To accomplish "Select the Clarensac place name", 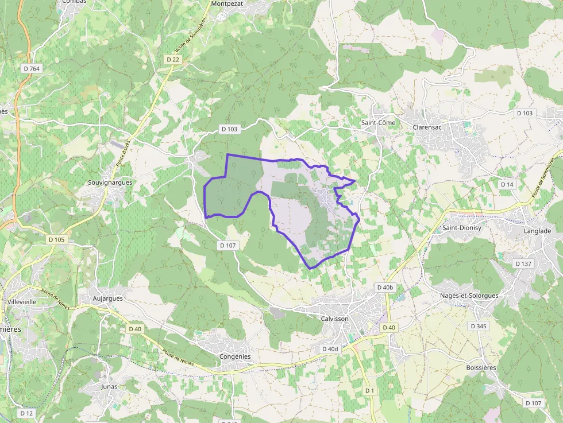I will click(427, 127).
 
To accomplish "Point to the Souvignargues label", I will click(110, 183).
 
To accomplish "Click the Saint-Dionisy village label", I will click(461, 228).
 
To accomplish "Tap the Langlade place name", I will click(537, 231).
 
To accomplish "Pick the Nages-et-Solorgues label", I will click(469, 296).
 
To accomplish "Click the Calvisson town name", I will click(336, 318).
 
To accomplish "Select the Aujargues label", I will click(108, 299).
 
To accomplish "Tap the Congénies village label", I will click(236, 356).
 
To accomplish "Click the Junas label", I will click(109, 386).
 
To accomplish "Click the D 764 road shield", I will click(32, 68).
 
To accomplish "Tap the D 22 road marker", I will click(173, 59).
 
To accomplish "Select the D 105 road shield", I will click(57, 239).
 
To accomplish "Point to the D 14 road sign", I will click(507, 184).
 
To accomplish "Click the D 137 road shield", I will click(523, 263).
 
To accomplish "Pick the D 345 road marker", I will click(478, 326).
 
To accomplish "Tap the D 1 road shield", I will click(369, 390).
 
